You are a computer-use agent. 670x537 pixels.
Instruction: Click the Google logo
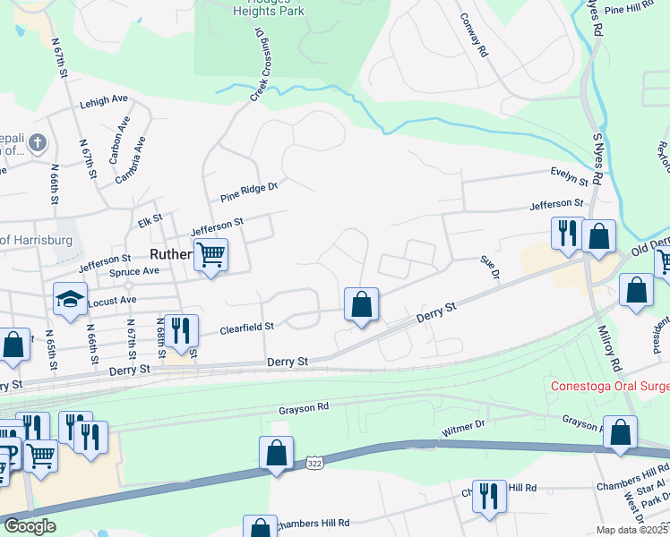(30, 526)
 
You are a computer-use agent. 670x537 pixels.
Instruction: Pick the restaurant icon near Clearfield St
(181, 330)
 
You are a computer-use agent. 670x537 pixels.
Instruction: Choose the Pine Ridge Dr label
(250, 189)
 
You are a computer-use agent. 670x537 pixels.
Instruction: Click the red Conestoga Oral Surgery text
(609, 386)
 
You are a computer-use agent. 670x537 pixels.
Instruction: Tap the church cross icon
(37, 142)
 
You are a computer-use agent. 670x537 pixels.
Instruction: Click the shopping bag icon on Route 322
(277, 455)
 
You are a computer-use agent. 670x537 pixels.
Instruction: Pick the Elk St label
(150, 217)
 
